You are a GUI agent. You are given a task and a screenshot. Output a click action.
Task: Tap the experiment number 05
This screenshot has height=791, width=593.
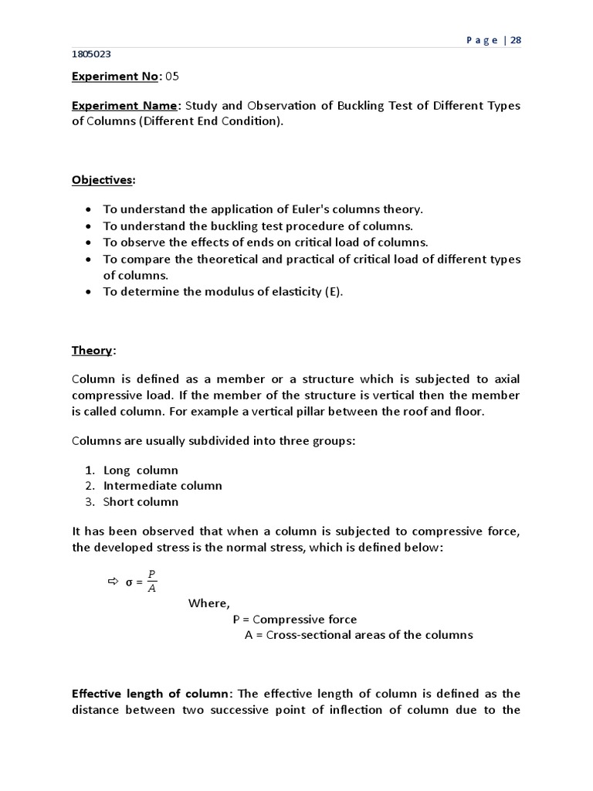click(176, 76)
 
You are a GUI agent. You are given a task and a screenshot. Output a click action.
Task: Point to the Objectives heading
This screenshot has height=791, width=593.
click(102, 180)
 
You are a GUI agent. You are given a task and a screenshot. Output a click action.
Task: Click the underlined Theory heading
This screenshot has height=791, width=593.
click(92, 350)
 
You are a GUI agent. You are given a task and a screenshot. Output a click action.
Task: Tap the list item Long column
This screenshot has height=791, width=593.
click(141, 470)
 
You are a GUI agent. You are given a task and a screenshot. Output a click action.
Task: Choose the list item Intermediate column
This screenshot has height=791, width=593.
click(162, 486)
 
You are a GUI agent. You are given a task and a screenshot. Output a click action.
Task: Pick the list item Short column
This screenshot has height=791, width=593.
click(141, 501)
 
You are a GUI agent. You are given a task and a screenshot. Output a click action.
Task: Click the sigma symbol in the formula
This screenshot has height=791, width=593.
click(129, 582)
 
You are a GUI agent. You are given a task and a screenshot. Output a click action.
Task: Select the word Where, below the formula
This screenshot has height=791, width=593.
click(209, 603)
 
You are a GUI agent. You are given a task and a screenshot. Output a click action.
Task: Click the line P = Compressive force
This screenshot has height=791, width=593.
click(295, 620)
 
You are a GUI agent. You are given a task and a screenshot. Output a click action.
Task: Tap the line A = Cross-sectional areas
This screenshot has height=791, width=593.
click(358, 635)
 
